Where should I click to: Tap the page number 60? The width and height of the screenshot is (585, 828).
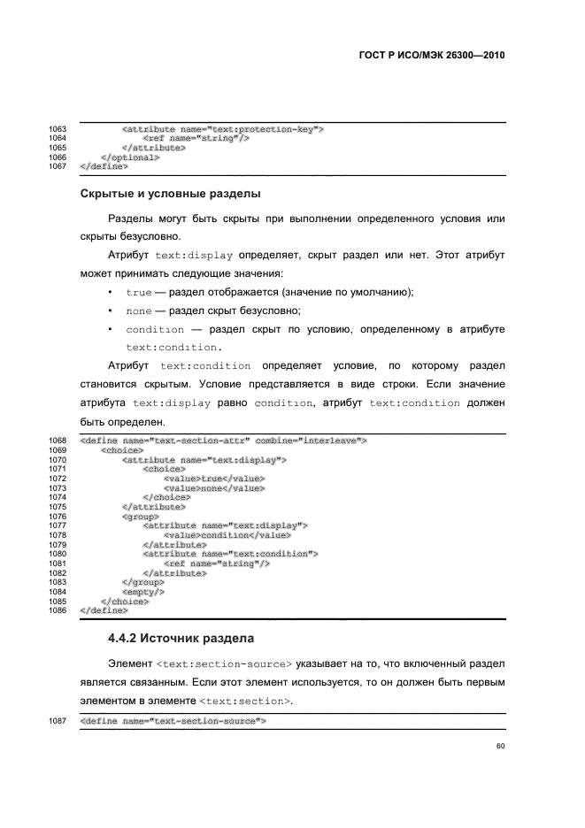[500, 746]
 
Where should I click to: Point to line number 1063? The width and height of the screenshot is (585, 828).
[58, 130]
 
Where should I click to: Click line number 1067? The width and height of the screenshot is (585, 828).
[58, 165]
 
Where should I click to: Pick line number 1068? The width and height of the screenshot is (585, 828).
[58, 440]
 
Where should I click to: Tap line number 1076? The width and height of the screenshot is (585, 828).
[58, 516]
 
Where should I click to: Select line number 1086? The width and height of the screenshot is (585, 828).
[58, 610]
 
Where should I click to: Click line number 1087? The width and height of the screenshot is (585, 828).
[58, 722]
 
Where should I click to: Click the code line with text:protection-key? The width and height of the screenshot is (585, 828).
[222, 130]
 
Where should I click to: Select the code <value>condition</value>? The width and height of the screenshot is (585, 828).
[227, 535]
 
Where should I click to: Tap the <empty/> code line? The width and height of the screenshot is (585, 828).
[140, 592]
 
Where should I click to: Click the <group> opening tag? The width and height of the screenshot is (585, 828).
[140, 516]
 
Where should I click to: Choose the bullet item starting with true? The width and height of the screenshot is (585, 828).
[270, 292]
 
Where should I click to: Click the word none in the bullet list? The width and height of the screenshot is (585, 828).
[139, 310]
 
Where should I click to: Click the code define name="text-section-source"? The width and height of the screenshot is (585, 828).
[173, 722]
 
